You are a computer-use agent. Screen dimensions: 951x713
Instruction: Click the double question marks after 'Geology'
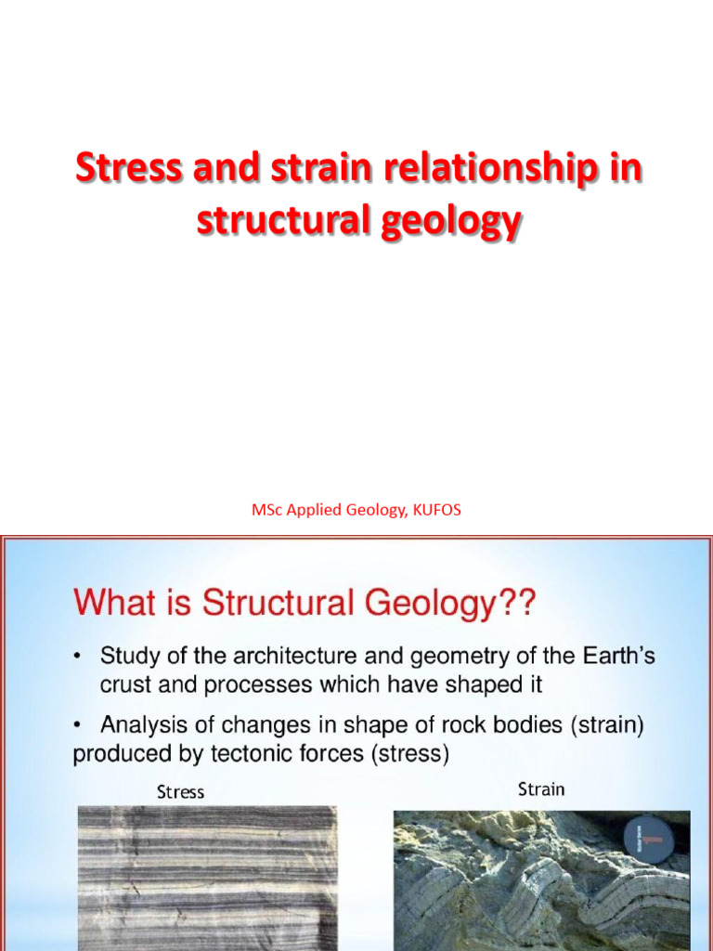515,604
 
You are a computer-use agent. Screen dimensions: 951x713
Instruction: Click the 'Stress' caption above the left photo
180,792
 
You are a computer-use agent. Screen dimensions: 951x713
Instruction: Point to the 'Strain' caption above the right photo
541,789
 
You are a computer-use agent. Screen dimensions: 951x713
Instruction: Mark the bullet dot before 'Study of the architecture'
79,658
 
